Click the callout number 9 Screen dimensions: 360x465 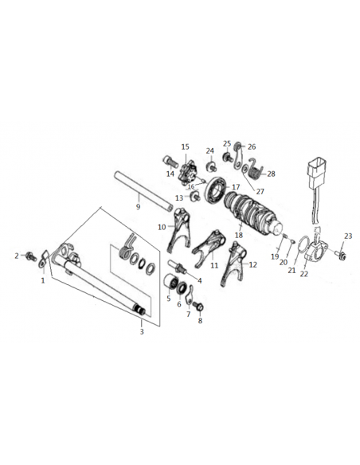(x=138, y=207)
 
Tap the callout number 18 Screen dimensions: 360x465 (x=239, y=235)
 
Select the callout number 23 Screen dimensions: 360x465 (x=348, y=236)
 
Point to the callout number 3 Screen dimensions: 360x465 (x=142, y=331)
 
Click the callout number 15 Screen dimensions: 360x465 (x=185, y=147)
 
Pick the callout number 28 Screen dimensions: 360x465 (x=271, y=174)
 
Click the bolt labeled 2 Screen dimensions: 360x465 (x=31, y=256)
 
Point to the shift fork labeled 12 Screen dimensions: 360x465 (x=235, y=263)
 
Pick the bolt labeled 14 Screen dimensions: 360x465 (x=170, y=162)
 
